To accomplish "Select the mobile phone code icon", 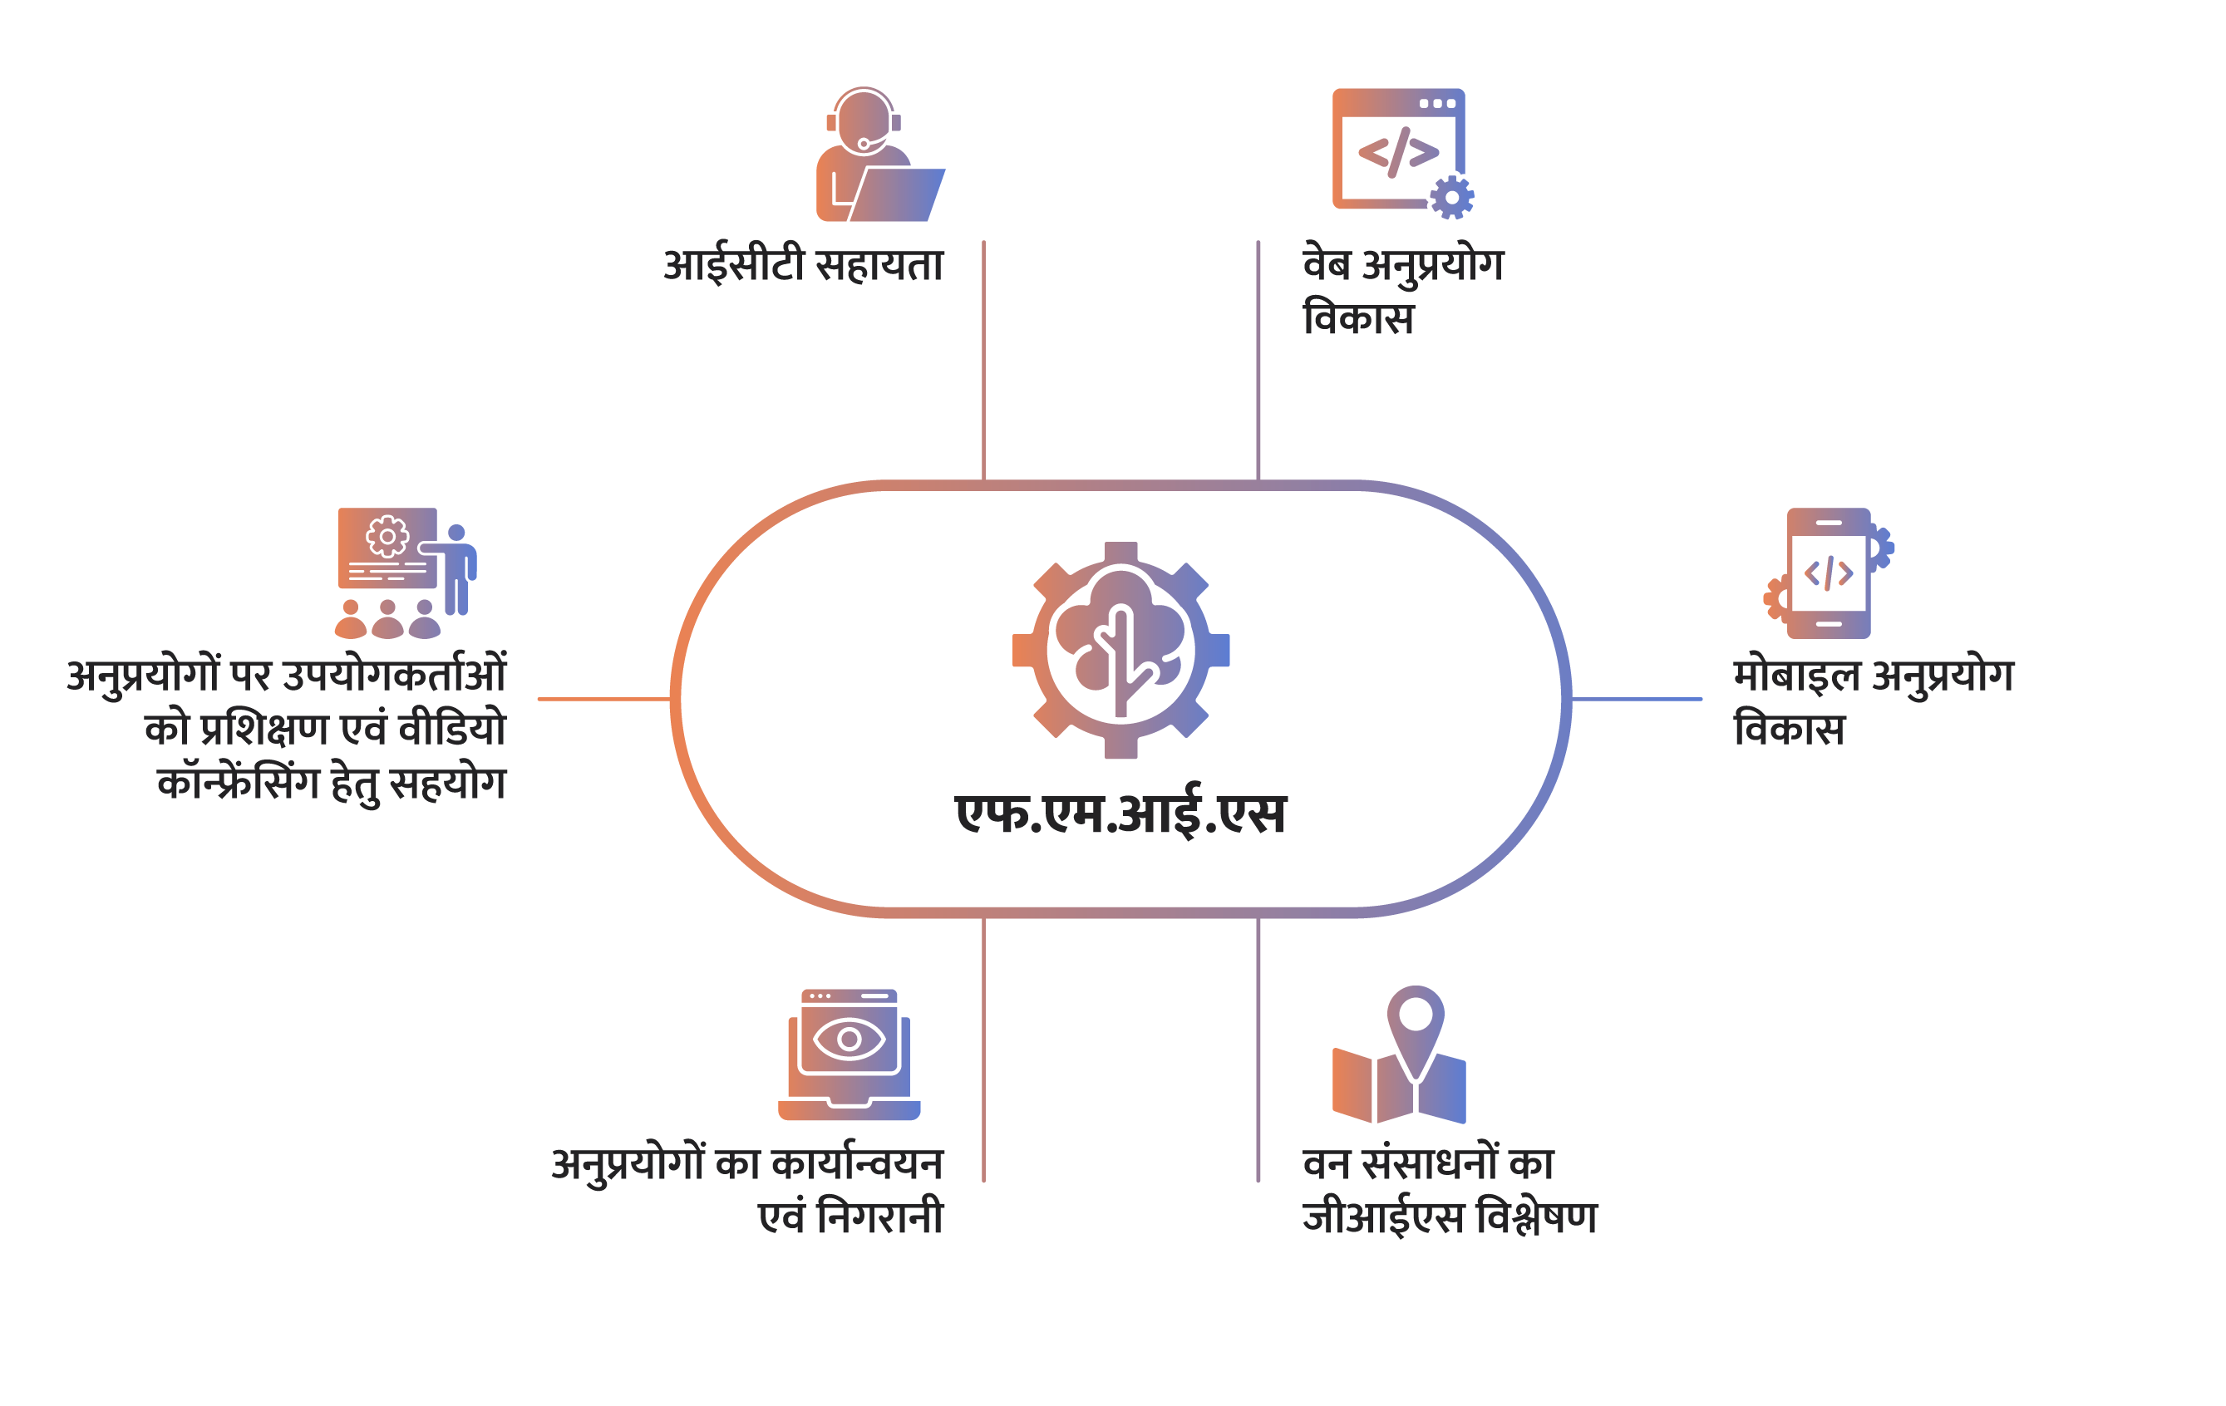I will click(x=1829, y=573).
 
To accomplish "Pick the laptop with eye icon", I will click(x=849, y=1055).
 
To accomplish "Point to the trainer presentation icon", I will click(x=405, y=573).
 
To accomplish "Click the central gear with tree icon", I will click(x=1120, y=651).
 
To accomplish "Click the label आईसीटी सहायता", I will click(x=803, y=266).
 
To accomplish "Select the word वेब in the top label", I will click(x=1327, y=264).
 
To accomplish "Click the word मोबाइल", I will click(x=1795, y=676).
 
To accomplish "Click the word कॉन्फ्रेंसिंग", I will click(x=238, y=784).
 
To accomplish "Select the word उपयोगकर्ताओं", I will click(x=394, y=676).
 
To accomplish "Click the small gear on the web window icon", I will click(x=1451, y=197).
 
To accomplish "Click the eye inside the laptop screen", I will click(x=849, y=1039).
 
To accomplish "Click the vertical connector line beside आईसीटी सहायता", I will click(x=983, y=361).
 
